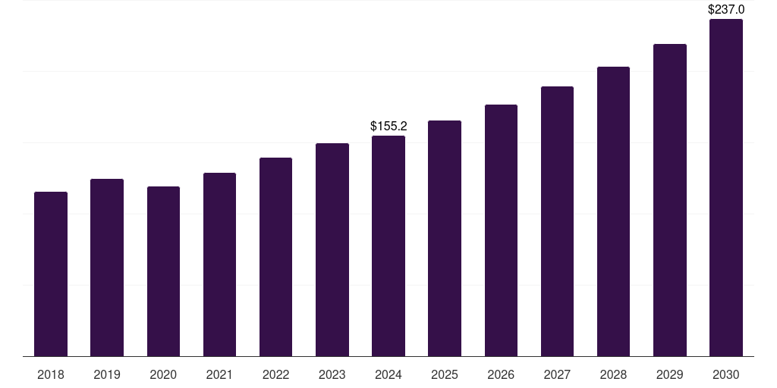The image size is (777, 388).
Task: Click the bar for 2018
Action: pyautogui.click(x=51, y=274)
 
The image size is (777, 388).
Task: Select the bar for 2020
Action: pyautogui.click(x=163, y=271)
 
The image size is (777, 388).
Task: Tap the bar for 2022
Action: pyautogui.click(x=275, y=257)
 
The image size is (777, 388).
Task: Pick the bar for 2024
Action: pyautogui.click(x=388, y=246)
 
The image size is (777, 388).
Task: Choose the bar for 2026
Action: pyautogui.click(x=501, y=230)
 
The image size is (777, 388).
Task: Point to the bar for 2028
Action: pyautogui.click(x=613, y=211)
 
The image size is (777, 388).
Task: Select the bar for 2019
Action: pyautogui.click(x=107, y=268)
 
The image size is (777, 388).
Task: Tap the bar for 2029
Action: pyautogui.click(x=670, y=200)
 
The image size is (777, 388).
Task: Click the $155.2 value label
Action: pyautogui.click(x=388, y=127)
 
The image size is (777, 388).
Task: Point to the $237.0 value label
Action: pyautogui.click(x=726, y=10)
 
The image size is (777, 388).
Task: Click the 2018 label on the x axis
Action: pyautogui.click(x=51, y=374)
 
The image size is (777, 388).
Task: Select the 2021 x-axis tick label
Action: pyautogui.click(x=219, y=374)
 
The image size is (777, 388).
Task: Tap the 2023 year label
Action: pyautogui.click(x=332, y=374)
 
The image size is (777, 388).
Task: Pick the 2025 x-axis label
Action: pyautogui.click(x=445, y=374)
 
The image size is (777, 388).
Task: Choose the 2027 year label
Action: pyautogui.click(x=557, y=374)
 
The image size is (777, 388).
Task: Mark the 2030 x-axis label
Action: pyautogui.click(x=726, y=374)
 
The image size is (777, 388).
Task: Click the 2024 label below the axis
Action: pyautogui.click(x=388, y=374)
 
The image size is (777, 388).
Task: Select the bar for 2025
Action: pyautogui.click(x=445, y=238)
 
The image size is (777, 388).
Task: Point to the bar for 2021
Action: pyautogui.click(x=219, y=264)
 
